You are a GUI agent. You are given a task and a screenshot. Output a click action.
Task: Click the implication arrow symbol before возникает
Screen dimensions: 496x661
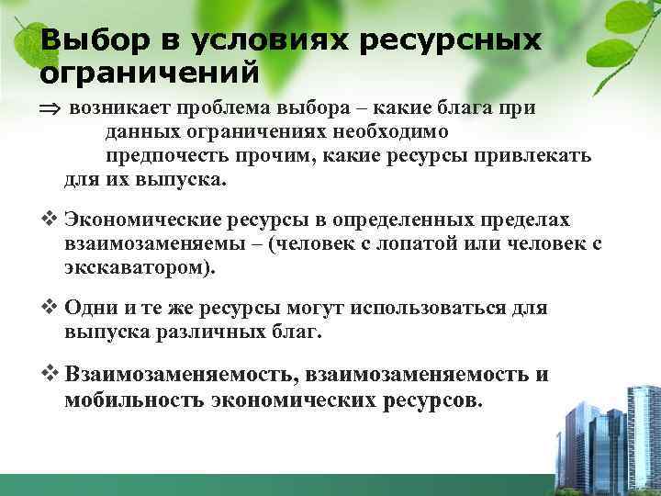tap(49, 108)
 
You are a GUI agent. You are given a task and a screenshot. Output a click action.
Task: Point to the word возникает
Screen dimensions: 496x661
tap(115, 107)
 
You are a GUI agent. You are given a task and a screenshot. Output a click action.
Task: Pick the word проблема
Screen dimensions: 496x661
tap(219, 107)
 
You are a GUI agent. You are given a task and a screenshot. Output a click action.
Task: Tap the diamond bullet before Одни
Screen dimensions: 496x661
tap(50, 308)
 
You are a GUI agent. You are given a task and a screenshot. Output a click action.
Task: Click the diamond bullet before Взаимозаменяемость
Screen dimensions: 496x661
tap(50, 375)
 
